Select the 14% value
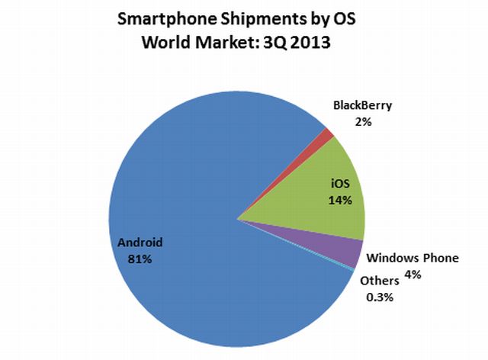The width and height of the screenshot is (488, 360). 340,201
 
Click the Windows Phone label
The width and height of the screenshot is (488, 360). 413,258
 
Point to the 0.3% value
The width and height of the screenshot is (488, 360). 379,297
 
